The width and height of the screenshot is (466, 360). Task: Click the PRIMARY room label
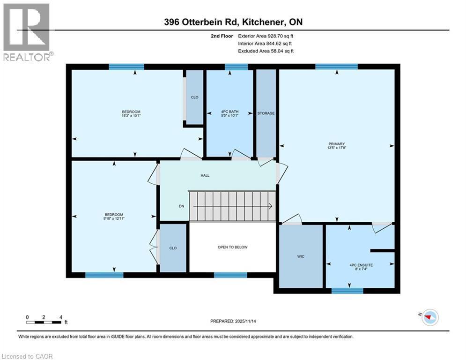pos(336,144)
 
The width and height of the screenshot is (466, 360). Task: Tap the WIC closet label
pos(301,256)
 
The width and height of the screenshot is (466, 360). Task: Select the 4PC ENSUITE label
pos(361,265)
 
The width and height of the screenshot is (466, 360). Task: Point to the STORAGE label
pos(266,113)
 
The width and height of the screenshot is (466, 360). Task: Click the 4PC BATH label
pos(230,112)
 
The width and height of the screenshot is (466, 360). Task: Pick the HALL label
pos(205,175)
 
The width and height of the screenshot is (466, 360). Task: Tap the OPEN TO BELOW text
pos(232,247)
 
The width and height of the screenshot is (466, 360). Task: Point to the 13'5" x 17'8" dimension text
pos(336,149)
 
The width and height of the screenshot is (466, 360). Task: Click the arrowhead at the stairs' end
pos(271,206)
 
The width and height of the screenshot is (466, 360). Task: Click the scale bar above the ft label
pos(44,322)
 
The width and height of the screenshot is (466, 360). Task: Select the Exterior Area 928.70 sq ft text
pos(266,36)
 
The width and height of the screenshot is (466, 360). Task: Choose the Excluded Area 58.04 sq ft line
pos(266,51)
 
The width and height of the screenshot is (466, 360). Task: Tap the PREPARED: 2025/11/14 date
pos(233,321)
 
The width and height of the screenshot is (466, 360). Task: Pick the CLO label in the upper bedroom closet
pos(194,97)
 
